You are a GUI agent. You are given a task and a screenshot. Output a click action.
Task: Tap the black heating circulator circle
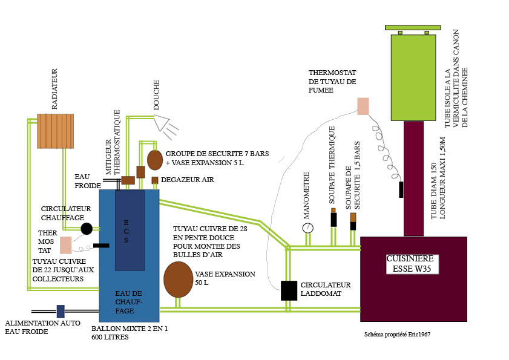point(87,228)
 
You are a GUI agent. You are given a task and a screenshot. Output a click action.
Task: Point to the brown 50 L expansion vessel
point(178,279)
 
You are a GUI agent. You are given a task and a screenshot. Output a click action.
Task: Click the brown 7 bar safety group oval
point(155,160)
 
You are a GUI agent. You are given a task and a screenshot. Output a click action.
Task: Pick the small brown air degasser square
point(155,180)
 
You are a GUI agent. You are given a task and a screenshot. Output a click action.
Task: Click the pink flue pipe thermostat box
point(363,106)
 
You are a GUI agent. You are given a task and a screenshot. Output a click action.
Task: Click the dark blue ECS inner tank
point(130,230)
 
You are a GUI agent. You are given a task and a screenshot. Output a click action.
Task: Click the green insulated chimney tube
point(414,77)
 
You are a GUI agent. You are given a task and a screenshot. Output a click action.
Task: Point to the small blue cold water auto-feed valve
point(61,311)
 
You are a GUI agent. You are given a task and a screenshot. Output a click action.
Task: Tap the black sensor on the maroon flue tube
point(401,189)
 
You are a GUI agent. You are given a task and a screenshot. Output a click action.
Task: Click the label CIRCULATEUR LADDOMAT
point(325,289)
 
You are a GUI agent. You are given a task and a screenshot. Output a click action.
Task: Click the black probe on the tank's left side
point(100,246)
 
